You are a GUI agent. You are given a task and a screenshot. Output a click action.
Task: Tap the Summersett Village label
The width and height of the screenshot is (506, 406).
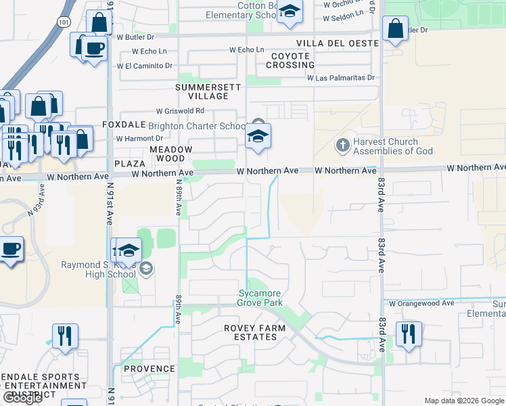[x=202, y=91]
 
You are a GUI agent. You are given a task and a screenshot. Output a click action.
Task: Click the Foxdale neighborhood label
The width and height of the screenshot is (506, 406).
[x=124, y=125]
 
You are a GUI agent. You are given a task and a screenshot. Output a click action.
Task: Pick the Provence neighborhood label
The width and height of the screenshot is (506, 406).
[x=149, y=369]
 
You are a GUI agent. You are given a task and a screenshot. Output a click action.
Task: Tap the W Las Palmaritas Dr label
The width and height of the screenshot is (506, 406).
[x=341, y=78]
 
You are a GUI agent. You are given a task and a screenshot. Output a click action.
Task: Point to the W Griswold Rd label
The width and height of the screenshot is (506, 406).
[x=180, y=110]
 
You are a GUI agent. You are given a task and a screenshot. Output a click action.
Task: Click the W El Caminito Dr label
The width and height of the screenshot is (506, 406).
[x=144, y=66]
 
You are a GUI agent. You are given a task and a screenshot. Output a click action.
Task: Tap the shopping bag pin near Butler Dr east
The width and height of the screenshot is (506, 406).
[x=395, y=29]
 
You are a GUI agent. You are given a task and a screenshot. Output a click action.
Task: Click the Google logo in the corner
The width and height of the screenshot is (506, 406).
[x=23, y=398]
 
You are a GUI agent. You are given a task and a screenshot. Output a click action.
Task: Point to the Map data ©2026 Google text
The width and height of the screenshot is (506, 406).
[x=463, y=401]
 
